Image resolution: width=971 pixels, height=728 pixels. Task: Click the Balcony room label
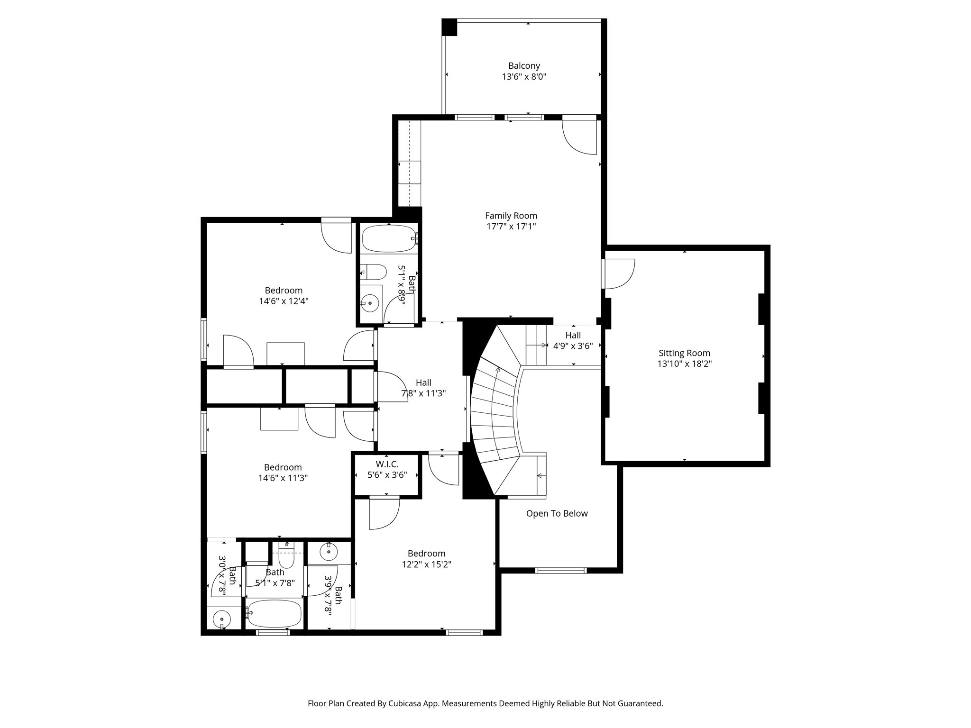(x=524, y=66)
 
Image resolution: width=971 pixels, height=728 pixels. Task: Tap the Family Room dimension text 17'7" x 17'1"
(x=511, y=227)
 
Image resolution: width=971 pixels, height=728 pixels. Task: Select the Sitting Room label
(x=684, y=353)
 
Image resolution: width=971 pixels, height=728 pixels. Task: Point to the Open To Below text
(x=557, y=514)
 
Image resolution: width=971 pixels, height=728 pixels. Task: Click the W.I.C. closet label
(x=387, y=464)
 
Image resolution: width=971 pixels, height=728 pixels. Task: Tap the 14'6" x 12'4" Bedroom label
(x=284, y=296)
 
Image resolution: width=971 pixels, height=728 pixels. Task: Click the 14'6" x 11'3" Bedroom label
(x=283, y=473)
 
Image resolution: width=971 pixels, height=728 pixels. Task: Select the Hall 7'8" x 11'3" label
(x=423, y=388)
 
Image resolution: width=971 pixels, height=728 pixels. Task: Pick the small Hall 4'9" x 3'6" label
(x=573, y=341)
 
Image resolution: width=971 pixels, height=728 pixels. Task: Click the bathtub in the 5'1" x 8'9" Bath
(x=388, y=238)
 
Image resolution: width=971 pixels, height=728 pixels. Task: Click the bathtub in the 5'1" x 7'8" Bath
(x=274, y=614)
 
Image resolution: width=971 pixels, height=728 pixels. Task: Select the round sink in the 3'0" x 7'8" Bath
(x=221, y=619)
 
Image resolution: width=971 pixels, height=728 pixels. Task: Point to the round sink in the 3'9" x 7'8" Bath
(x=329, y=552)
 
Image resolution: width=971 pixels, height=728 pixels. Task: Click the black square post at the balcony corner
(x=449, y=27)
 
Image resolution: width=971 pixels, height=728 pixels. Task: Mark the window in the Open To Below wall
(x=560, y=570)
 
